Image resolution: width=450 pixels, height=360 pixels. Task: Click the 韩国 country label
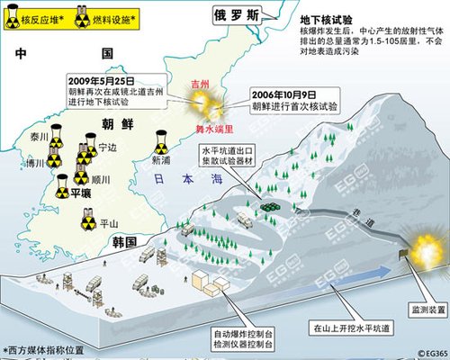tap(124, 242)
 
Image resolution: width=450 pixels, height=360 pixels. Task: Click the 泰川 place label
tap(38, 136)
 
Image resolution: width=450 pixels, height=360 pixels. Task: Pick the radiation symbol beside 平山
tap(89, 222)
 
